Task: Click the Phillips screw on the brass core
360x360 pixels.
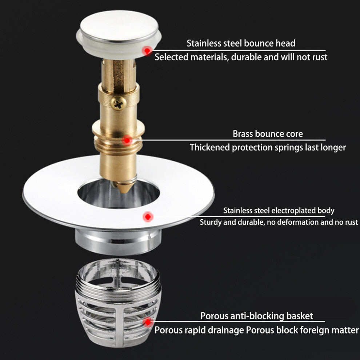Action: point(119,103)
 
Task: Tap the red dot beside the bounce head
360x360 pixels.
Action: point(147,51)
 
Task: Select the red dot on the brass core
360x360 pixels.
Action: point(127,140)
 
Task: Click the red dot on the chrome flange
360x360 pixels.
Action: point(148,216)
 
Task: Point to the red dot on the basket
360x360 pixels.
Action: point(148,322)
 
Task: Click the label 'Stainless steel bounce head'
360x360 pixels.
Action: point(241,43)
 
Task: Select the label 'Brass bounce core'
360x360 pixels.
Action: point(268,133)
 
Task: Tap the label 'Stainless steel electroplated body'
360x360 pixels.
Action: point(279,211)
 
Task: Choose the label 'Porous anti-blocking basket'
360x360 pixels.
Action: point(256,316)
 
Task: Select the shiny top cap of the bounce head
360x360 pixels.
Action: point(119,27)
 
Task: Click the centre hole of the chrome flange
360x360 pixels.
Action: point(119,193)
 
